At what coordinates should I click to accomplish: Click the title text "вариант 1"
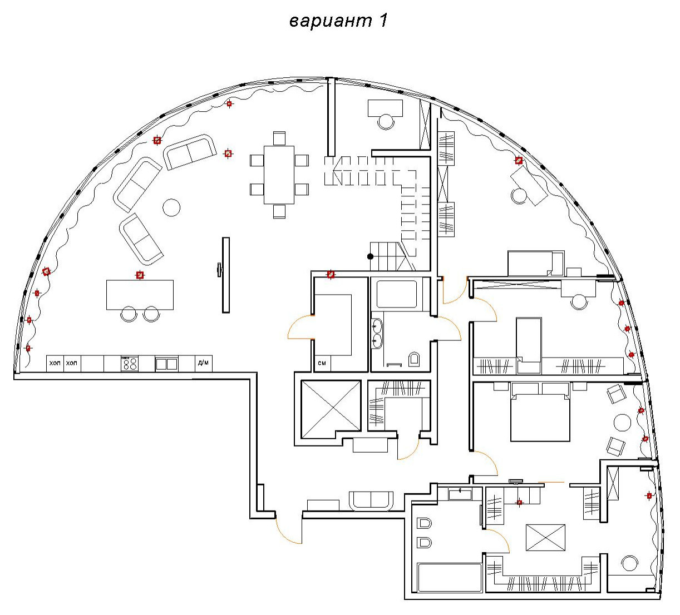[x=338, y=21]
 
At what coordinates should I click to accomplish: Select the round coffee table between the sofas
[x=171, y=208]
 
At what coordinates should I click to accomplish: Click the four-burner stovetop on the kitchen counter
[x=130, y=364]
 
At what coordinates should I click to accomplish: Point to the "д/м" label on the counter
[x=203, y=364]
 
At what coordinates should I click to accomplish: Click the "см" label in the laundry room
[x=322, y=364]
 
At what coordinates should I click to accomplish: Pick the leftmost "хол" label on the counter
[x=55, y=364]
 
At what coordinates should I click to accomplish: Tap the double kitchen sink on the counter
[x=166, y=364]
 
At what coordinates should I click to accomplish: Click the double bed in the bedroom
[x=540, y=414]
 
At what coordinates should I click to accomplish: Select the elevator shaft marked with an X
[x=331, y=407]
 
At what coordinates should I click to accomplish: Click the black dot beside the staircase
[x=370, y=256]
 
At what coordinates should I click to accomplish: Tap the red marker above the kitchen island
[x=140, y=275]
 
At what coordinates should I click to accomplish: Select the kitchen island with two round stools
[x=140, y=295]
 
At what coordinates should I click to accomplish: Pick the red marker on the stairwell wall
[x=331, y=274]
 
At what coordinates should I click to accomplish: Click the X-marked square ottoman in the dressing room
[x=545, y=538]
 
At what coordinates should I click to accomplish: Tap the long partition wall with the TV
[x=226, y=275]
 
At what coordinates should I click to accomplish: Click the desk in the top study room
[x=385, y=107]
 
